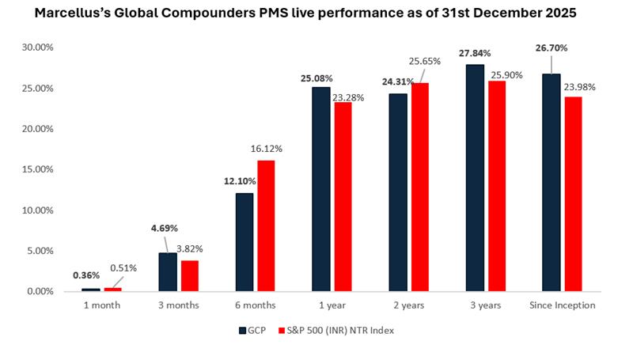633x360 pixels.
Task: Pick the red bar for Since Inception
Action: click(x=571, y=194)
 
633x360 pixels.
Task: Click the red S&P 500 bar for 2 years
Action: click(x=421, y=188)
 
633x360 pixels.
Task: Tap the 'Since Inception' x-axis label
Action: click(x=561, y=305)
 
